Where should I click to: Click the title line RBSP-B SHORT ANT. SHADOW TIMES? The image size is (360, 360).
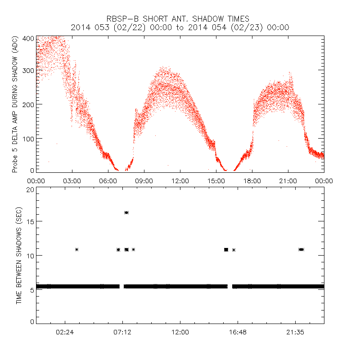click(180, 18)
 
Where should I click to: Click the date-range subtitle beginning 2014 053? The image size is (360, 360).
click(180, 27)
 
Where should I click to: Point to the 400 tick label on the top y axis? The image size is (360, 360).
click(28, 38)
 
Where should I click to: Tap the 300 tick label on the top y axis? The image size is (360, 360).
click(28, 71)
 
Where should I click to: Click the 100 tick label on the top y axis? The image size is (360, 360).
click(28, 138)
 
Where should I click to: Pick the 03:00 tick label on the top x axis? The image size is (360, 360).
click(72, 180)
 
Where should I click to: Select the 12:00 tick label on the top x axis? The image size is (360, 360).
click(180, 180)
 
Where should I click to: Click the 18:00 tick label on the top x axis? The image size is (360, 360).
click(252, 180)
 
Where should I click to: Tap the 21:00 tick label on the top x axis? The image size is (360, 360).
click(288, 180)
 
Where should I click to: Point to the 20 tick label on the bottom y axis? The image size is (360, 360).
click(31, 189)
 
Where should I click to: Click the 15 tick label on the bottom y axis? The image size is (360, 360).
click(31, 221)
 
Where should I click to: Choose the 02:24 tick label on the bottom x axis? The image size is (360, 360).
click(65, 332)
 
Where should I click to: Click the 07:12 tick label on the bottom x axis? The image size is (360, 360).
click(122, 332)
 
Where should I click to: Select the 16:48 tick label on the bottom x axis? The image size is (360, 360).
click(238, 332)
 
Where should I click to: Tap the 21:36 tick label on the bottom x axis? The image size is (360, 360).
click(295, 332)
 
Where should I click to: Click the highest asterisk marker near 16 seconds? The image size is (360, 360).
click(126, 212)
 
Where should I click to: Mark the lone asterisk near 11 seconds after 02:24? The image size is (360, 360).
click(77, 249)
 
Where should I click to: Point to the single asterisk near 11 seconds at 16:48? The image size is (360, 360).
click(234, 250)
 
